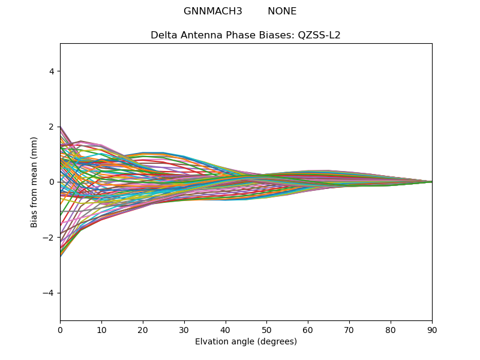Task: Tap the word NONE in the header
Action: click(x=282, y=11)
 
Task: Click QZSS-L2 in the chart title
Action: click(x=319, y=35)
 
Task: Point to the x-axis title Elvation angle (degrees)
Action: click(x=246, y=341)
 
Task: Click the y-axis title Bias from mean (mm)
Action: click(x=34, y=182)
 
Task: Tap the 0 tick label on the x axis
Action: click(x=60, y=329)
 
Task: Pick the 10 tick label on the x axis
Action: click(x=101, y=329)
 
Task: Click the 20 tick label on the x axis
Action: click(x=143, y=329)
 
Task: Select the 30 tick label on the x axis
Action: click(x=184, y=329)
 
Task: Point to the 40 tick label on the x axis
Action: click(x=226, y=329)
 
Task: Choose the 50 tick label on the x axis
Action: click(x=266, y=329)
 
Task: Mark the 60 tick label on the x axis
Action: click(x=308, y=329)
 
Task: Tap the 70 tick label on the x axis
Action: click(x=349, y=329)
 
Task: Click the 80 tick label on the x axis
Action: click(x=391, y=329)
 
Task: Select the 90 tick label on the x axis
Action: click(x=432, y=329)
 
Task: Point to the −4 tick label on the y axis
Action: click(x=50, y=293)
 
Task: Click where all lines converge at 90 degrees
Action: click(x=431, y=182)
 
